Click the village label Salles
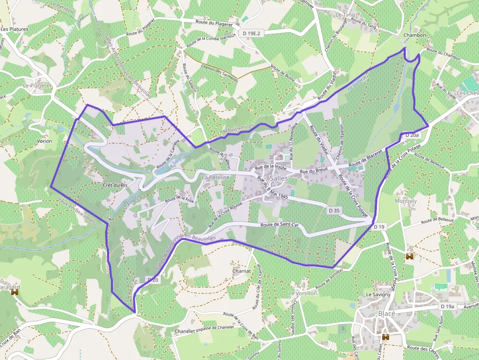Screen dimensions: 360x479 (279, 178)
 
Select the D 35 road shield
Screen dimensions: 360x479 (334, 210)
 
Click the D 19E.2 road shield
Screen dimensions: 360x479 (253, 33)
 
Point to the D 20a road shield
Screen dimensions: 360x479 (412, 134)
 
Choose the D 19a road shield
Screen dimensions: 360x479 (447, 306)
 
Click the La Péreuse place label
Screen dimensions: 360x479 (216, 177)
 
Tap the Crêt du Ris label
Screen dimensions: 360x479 (115, 185)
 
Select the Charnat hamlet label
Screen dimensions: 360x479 (241, 271)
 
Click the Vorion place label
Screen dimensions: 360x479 (44, 141)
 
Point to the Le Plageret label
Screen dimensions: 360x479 (37, 85)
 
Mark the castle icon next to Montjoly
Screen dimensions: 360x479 (410, 256)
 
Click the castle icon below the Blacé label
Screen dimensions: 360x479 (386, 337)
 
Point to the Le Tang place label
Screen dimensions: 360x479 (345, 15)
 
